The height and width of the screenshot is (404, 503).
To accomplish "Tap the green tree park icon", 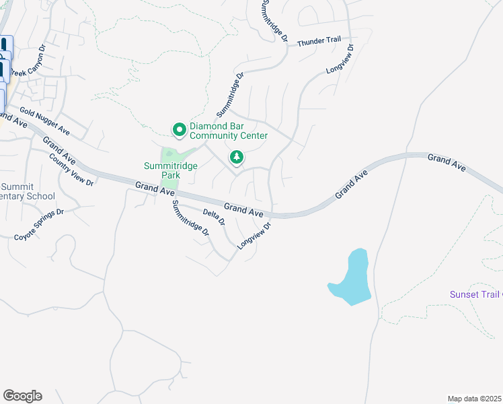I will tap(236, 158).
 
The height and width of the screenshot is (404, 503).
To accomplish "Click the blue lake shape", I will tap(351, 277).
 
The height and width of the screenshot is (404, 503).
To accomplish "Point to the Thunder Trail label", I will tap(319, 41).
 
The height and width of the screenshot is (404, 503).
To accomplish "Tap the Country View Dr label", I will tap(71, 169).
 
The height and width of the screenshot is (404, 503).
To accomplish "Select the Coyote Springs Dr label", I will tap(40, 224).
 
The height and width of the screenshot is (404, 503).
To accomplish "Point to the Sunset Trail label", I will tap(475, 294).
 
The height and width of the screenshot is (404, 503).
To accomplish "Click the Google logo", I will tap(22, 396).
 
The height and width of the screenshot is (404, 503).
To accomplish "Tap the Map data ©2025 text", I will tap(474, 399).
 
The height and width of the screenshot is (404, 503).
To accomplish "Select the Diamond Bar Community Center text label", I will tap(229, 131).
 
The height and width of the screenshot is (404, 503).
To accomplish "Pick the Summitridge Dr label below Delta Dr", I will tap(190, 217).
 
